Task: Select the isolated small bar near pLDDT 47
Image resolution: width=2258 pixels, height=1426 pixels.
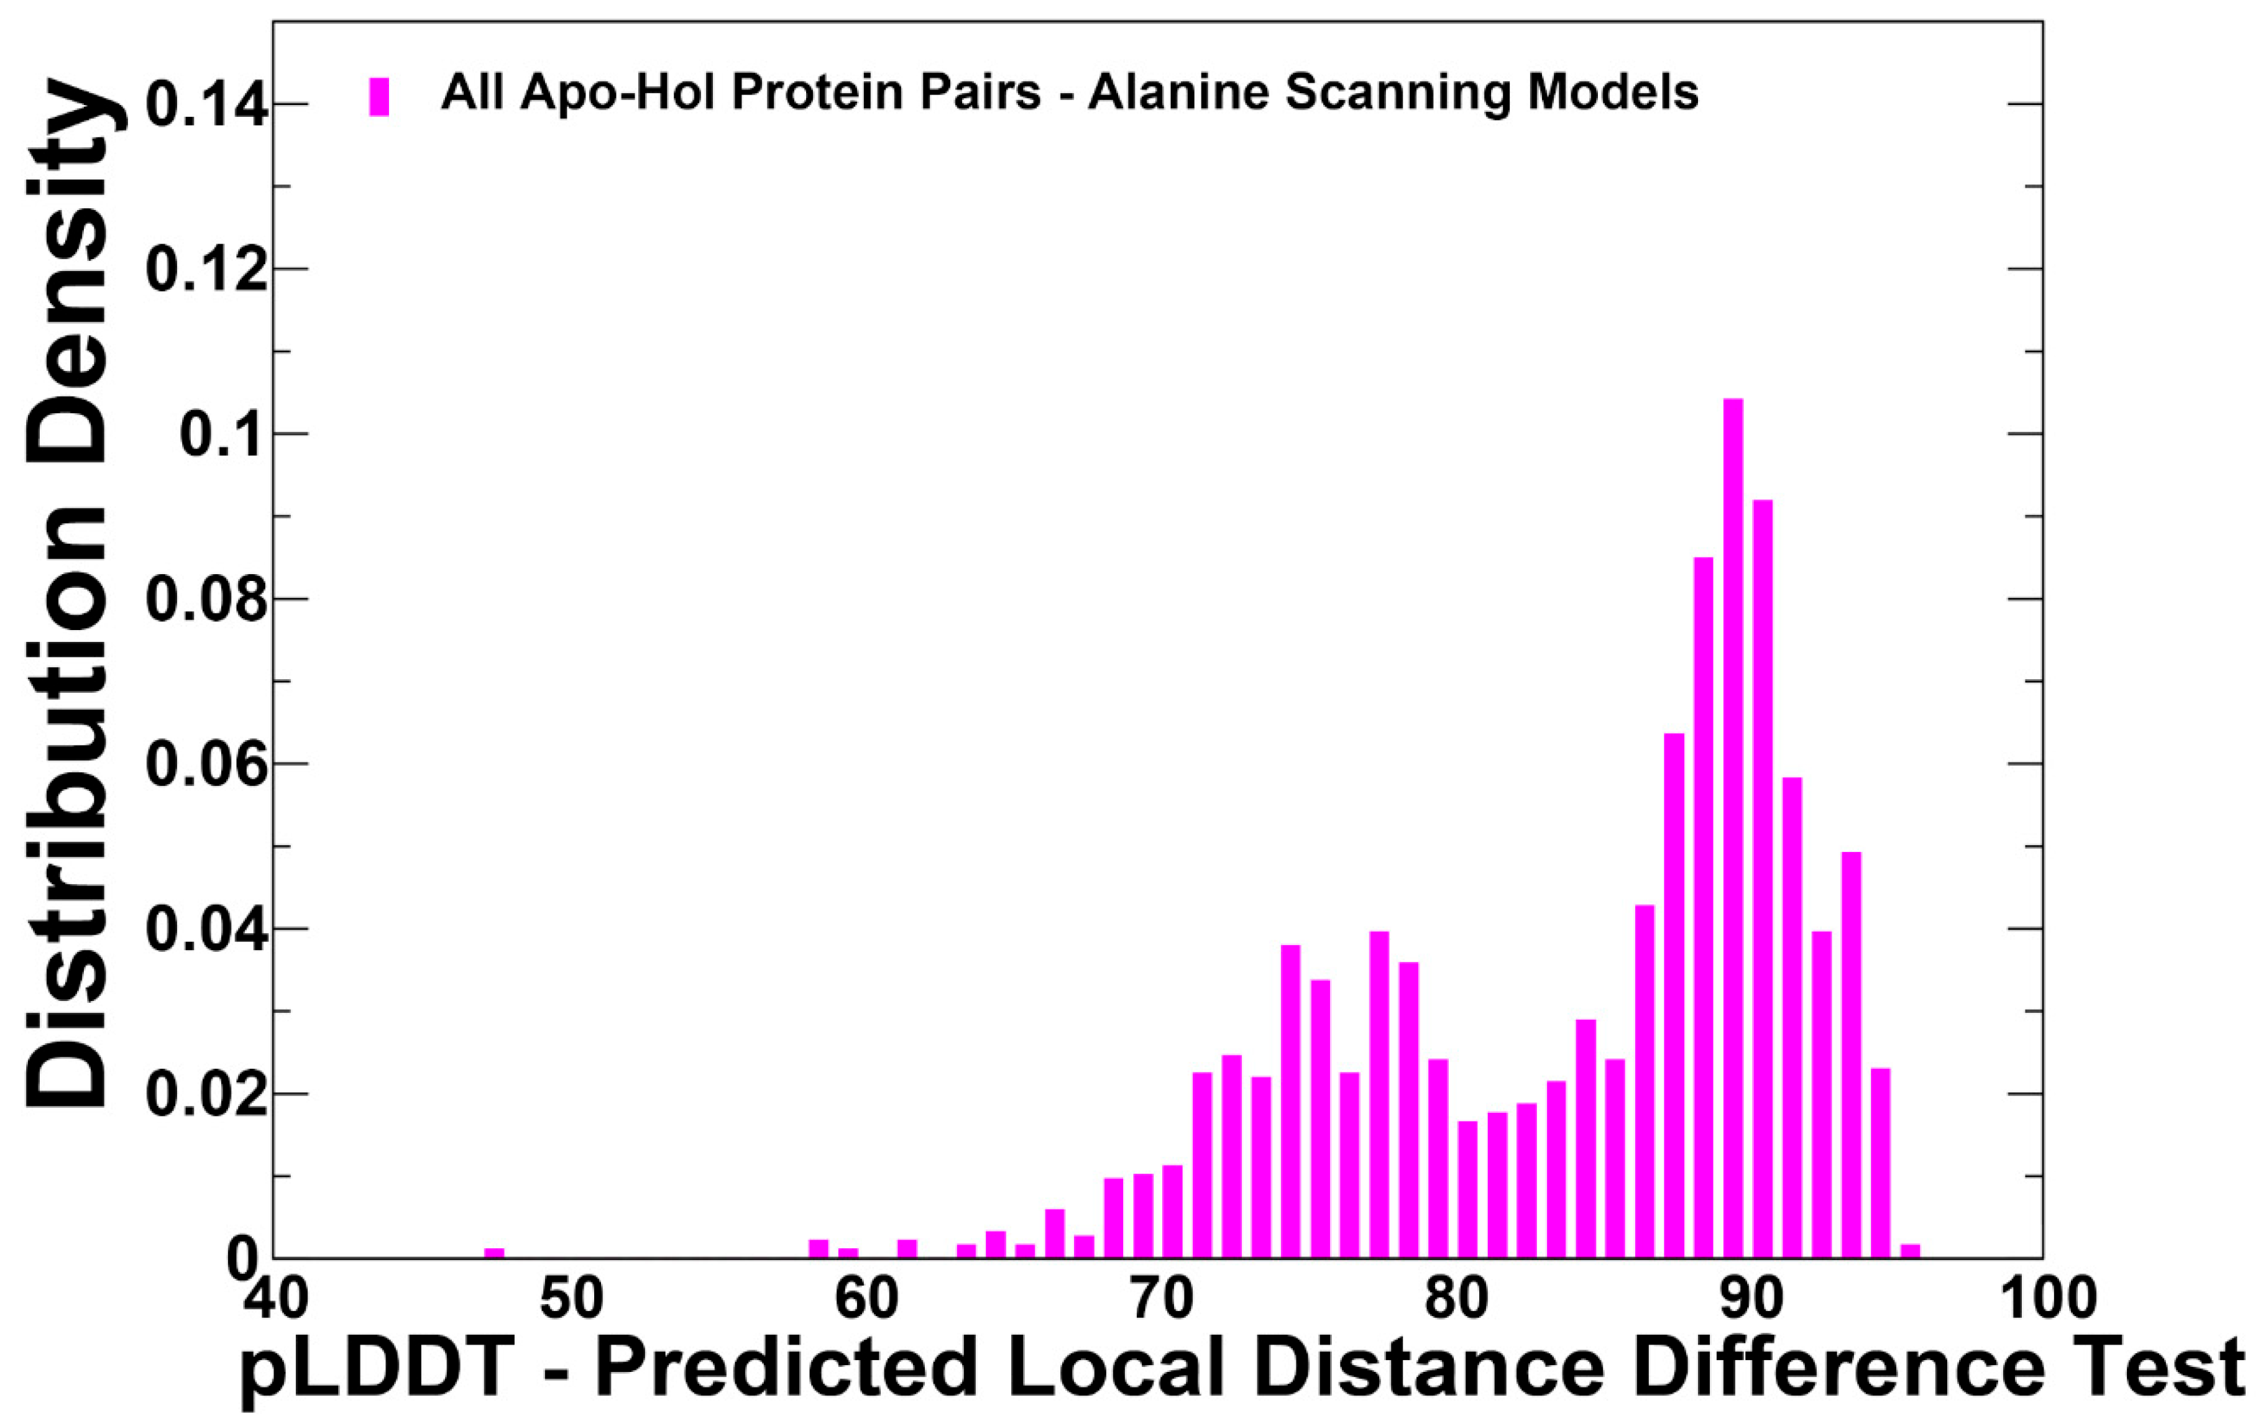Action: (494, 1253)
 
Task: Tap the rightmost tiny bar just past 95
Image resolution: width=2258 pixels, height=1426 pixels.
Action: (1910, 1251)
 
